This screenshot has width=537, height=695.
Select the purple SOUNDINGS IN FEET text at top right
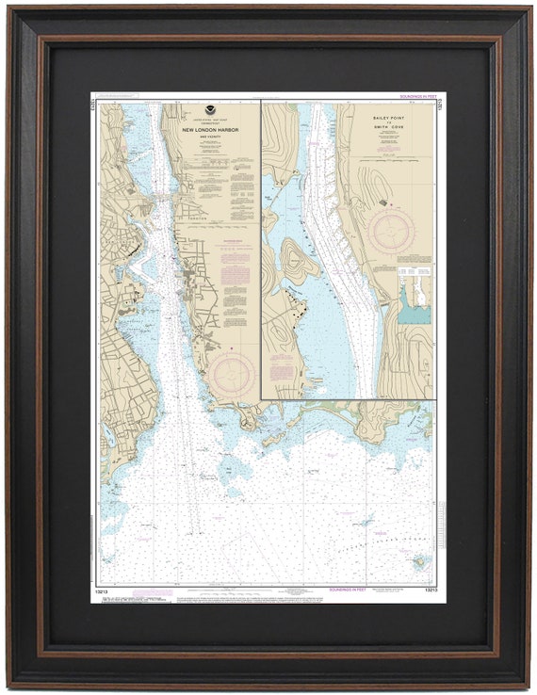click(418, 96)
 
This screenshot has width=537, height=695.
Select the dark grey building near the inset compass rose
click(382, 202)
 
